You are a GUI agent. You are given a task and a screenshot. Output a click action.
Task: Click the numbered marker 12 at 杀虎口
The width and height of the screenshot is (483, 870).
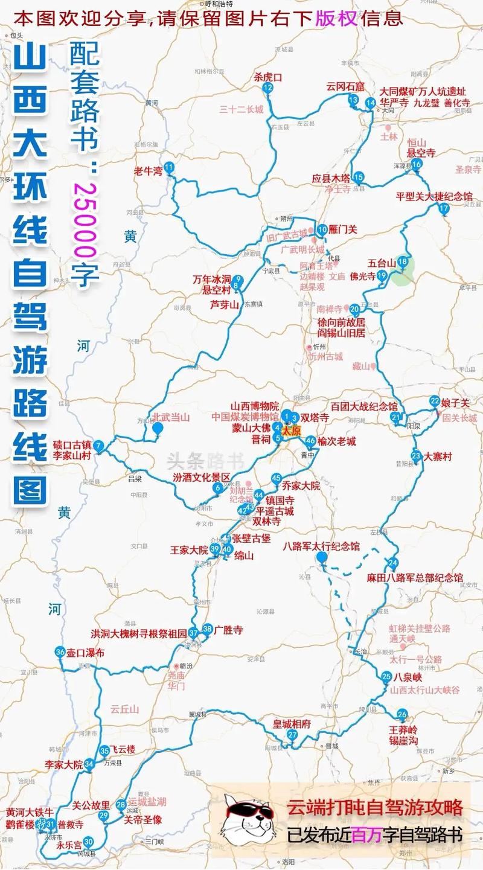pos(267,88)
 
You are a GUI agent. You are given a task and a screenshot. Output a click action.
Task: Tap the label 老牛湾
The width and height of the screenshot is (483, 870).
pos(148,171)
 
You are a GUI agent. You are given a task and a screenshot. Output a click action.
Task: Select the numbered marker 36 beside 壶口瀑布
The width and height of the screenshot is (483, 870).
pos(60,652)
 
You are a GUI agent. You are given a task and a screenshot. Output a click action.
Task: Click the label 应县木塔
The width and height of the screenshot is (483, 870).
pos(331,179)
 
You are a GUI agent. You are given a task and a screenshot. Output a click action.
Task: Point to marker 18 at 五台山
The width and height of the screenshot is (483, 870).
pos(403,262)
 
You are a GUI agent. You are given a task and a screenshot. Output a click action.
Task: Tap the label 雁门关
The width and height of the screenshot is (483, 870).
pos(344,229)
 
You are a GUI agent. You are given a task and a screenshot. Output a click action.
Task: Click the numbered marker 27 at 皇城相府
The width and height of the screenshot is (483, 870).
pos(292,735)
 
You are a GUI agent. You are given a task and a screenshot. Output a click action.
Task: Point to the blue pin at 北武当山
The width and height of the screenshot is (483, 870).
pos(158,429)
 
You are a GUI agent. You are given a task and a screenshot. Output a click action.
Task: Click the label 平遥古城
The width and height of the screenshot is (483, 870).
pos(275,511)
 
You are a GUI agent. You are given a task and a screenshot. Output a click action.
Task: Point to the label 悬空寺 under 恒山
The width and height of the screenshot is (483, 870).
pos(421,153)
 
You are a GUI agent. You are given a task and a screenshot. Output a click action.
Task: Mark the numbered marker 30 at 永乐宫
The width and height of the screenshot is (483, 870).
pos(88,842)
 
